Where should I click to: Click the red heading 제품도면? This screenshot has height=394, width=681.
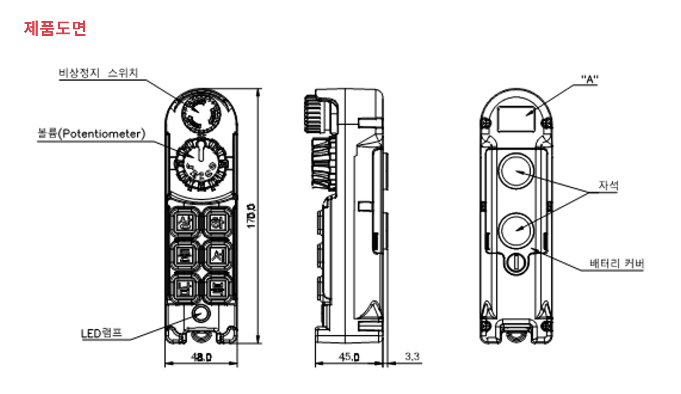point(55,28)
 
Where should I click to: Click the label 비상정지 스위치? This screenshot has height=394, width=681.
point(98,73)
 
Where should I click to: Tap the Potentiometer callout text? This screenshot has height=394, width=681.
point(91,134)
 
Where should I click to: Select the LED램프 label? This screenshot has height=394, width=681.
point(101,333)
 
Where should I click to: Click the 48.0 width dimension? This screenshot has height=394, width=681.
point(201,357)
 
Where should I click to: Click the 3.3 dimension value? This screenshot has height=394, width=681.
point(412,356)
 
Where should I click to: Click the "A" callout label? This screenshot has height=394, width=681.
point(590,79)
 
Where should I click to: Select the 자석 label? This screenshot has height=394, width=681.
point(608,185)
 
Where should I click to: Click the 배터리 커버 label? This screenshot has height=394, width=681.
point(617,263)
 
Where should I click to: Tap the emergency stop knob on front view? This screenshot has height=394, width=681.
point(201,114)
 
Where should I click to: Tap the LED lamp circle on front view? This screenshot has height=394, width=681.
point(201,314)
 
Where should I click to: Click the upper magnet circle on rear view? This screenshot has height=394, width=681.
point(516,171)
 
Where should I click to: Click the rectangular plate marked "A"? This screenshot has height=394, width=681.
point(516,119)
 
